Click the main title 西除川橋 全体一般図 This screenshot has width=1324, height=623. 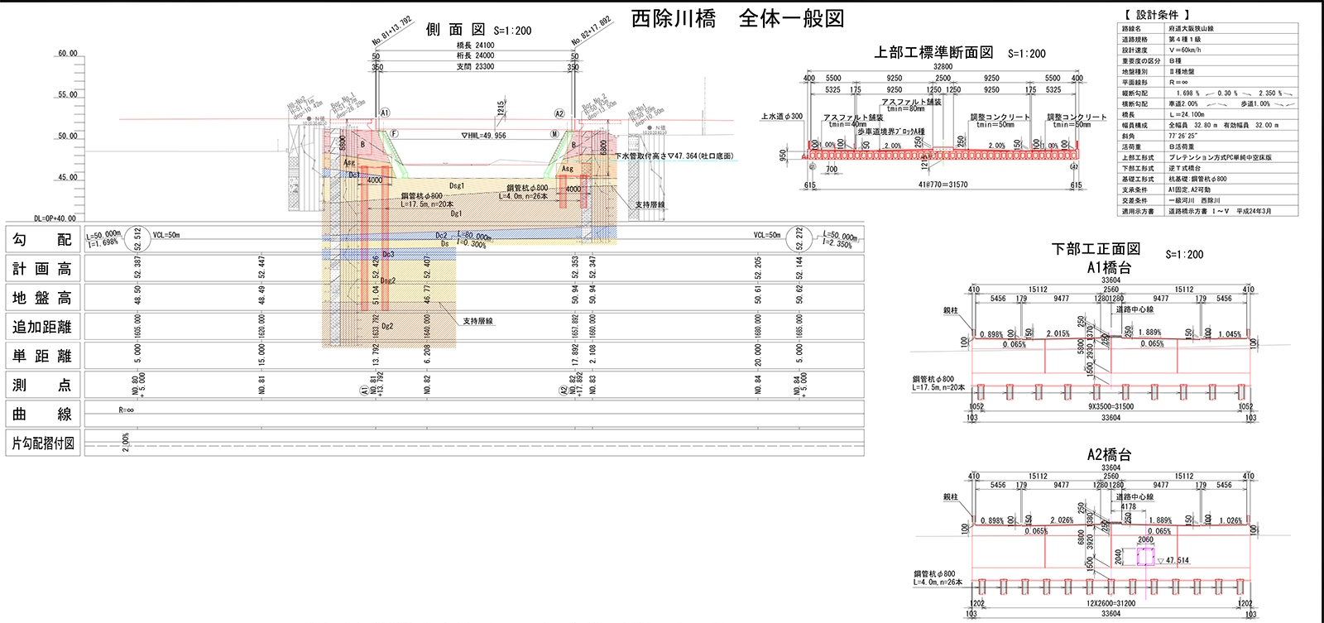click(x=737, y=19)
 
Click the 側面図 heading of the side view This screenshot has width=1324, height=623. click(x=455, y=30)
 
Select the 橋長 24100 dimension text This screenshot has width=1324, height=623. click(x=475, y=46)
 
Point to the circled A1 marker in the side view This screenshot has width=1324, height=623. click(x=385, y=113)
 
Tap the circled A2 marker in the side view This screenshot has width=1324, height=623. click(x=559, y=113)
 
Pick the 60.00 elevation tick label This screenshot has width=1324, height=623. click(x=67, y=54)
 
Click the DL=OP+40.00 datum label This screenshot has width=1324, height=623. click(x=55, y=219)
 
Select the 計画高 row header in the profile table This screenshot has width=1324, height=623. click(x=42, y=269)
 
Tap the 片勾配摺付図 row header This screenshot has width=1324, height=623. click(x=43, y=443)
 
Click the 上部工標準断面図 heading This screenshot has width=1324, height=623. click(x=933, y=53)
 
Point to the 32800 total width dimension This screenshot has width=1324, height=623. click(x=943, y=67)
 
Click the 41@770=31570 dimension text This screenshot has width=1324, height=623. click(x=943, y=185)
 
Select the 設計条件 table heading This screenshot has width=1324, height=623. click(x=1157, y=15)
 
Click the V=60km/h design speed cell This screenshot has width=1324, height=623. click(x=1184, y=50)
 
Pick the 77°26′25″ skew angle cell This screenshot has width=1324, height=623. click(x=1182, y=136)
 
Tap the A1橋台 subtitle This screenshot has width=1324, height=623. click(x=1109, y=267)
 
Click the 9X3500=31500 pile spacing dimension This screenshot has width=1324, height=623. click(x=1111, y=407)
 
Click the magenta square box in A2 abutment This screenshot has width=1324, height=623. click(x=1145, y=556)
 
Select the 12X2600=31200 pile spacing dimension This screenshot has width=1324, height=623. click(x=1111, y=603)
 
